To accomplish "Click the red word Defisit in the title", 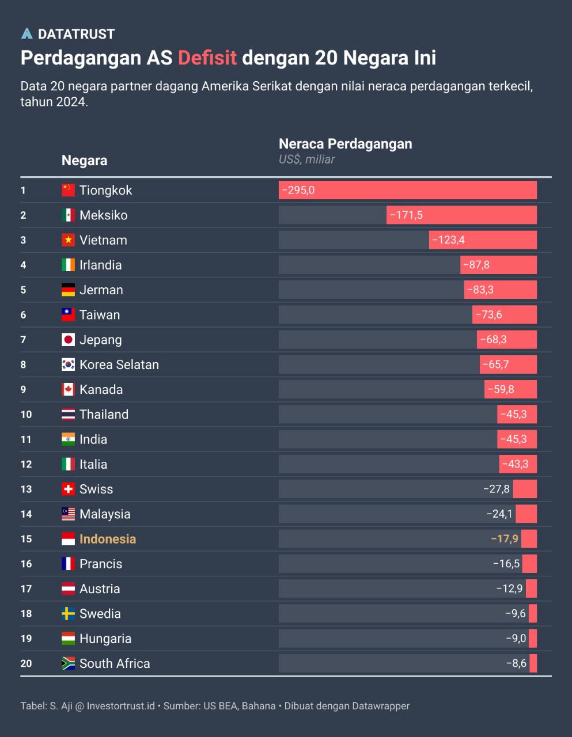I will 207,58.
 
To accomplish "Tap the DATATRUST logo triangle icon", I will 26,34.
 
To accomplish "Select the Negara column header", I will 84,160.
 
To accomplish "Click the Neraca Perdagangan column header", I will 345,144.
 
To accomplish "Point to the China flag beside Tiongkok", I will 68,190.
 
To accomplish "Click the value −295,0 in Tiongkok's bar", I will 298,190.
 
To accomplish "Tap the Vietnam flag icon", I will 68,240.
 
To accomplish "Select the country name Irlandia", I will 100,265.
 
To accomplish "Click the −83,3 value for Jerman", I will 480,290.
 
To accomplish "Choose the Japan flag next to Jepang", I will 68,340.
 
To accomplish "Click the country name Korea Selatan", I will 119,364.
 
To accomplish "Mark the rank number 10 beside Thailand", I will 26,415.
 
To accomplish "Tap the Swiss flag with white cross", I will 68,489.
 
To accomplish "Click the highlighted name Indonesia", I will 108,539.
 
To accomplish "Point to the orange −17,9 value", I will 505,539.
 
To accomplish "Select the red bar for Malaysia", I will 526,514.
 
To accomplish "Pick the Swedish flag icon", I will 68,613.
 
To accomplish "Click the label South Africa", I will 115,663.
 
